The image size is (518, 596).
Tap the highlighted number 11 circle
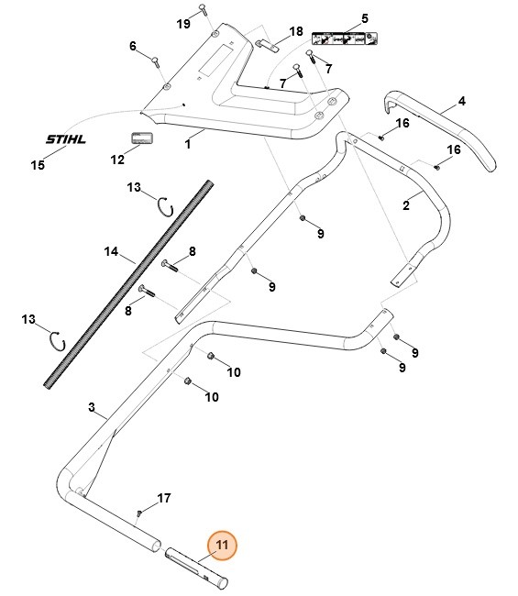[221, 546]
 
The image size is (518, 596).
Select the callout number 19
[182, 23]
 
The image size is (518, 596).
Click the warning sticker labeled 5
[343, 39]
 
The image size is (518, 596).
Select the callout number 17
[164, 499]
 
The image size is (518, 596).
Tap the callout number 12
[117, 160]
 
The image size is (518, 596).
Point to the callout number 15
[38, 166]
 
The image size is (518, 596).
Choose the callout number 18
[295, 32]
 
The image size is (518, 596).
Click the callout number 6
[132, 47]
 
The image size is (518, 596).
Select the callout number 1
[188, 144]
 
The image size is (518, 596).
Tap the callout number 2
[406, 206]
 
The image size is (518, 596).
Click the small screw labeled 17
[139, 512]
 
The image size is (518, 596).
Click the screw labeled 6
[157, 61]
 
